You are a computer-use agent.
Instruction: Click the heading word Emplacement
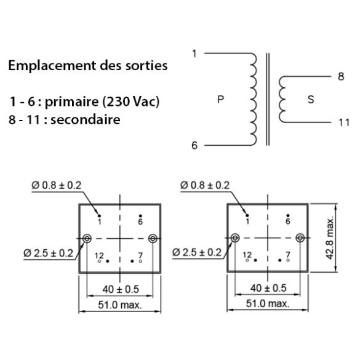53,65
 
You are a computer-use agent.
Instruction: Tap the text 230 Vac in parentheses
130,102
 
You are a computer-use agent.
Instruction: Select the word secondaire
85,119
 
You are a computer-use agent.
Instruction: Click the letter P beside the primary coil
221,100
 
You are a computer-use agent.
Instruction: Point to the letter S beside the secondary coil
311,100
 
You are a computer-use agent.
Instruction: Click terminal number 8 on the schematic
341,76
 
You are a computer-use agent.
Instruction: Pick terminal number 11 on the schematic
344,122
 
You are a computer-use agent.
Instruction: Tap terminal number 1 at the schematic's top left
194,54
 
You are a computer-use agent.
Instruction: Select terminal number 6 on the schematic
194,146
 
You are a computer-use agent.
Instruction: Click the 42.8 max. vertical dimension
330,238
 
